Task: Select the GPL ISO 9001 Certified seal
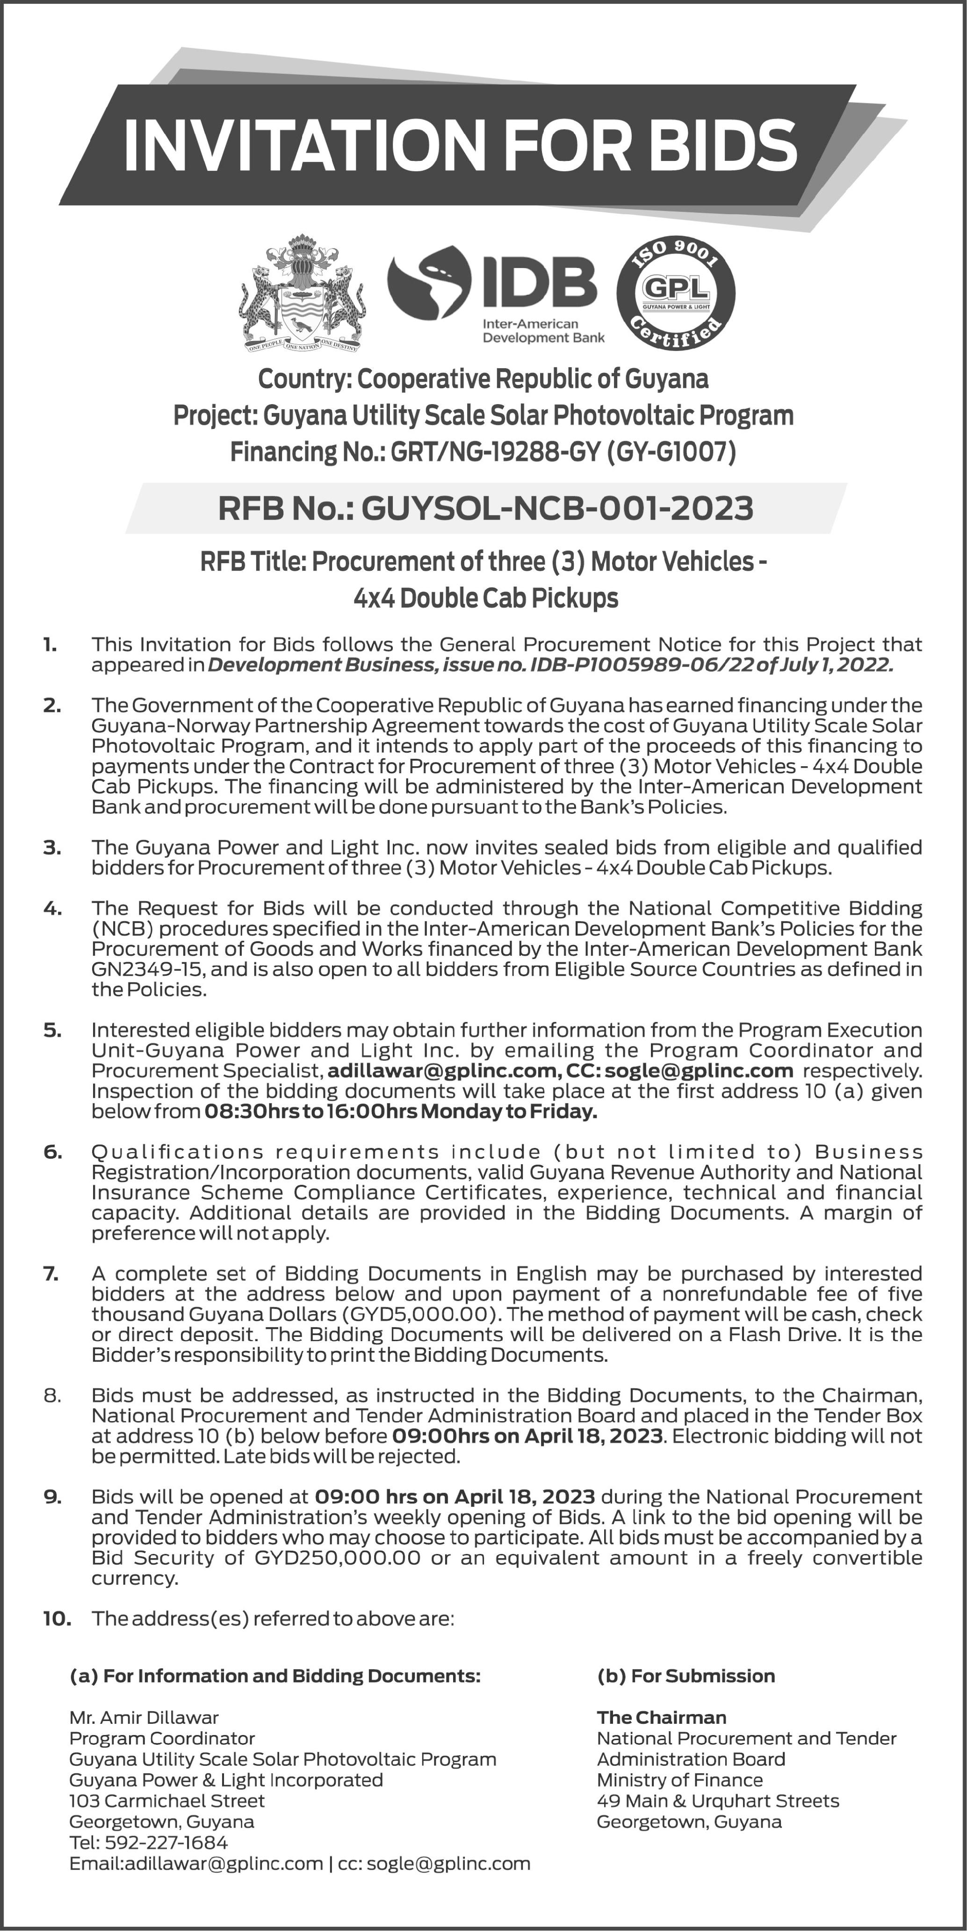point(675,294)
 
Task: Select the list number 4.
point(52,908)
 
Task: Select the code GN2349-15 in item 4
point(148,969)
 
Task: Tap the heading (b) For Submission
point(685,1676)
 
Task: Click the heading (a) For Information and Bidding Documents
point(274,1676)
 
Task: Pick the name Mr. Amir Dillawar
point(144,1717)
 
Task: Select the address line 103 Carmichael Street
point(166,1800)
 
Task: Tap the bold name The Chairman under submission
point(661,1717)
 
